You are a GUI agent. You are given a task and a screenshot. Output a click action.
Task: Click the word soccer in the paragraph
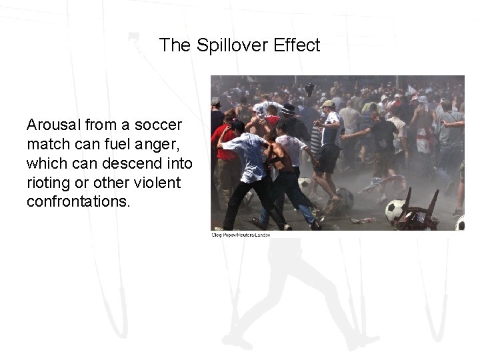pos(161,125)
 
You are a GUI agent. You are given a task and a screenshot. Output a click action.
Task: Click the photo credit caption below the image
pos(241,235)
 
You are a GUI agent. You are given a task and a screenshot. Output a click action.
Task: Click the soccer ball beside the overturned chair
pos(396,211)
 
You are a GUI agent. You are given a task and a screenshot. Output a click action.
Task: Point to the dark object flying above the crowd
pos(309,89)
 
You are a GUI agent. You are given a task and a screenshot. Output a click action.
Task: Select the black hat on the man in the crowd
pos(289,109)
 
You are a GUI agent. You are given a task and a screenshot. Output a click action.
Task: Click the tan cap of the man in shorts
pos(327,104)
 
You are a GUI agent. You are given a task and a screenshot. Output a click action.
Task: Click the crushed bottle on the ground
pos(363,219)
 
